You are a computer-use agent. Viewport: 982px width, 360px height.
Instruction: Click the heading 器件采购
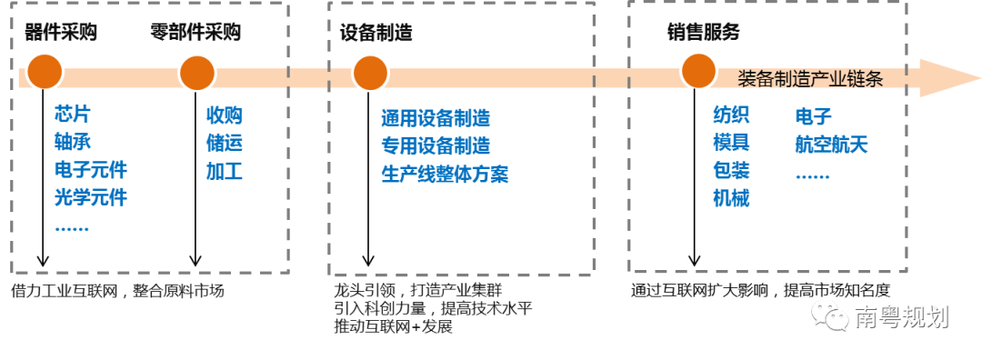pos(61,33)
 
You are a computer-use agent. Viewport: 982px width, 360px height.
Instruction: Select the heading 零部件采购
pos(195,33)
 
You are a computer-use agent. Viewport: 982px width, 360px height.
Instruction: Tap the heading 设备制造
pos(376,33)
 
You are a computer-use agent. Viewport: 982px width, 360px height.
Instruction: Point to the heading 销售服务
pos(703,33)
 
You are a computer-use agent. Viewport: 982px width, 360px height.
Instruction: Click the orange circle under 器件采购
pos(44,72)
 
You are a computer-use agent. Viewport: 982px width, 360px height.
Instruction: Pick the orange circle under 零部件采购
pos(196,73)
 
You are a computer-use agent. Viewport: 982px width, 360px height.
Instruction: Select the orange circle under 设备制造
pos(370,73)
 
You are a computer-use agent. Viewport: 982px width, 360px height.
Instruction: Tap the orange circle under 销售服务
pos(698,71)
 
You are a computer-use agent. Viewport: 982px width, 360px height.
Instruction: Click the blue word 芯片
pos(73,115)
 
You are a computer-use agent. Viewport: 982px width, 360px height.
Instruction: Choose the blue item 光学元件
pos(91,198)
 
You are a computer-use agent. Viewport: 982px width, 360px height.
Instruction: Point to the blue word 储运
pos(225,144)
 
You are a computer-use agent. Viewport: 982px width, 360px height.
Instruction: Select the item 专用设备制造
pos(436,145)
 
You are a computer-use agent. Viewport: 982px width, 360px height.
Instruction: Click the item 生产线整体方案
pos(445,174)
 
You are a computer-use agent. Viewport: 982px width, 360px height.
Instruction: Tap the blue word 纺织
pos(731,115)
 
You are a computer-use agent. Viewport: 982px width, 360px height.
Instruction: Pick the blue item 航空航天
pos(832,145)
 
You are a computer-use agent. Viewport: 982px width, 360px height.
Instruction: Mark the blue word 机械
pos(731,199)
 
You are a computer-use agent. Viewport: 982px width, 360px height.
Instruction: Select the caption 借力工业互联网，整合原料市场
pos(117,291)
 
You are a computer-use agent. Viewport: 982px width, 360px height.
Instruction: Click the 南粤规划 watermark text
pos(902,317)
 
